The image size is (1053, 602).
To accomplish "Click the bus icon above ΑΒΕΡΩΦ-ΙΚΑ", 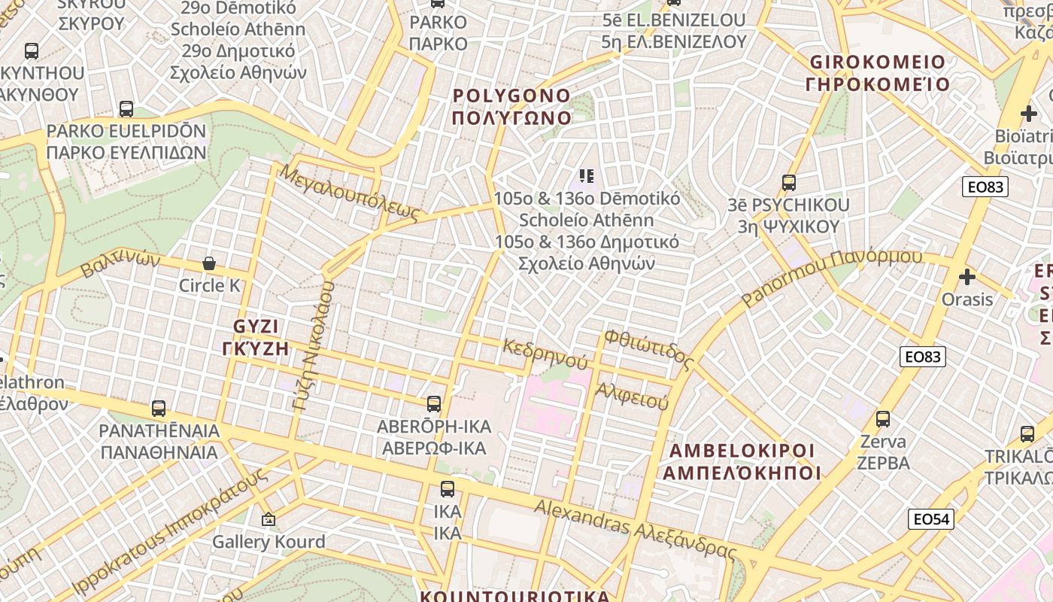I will [x=433, y=404].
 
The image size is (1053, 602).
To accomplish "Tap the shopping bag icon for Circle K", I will [x=209, y=263].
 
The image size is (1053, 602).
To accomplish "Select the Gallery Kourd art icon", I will [x=268, y=519].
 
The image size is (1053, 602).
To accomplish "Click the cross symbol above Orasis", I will [x=967, y=277].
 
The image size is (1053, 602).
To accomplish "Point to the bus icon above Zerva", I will [x=883, y=419].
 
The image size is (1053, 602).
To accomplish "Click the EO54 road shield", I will [x=931, y=518].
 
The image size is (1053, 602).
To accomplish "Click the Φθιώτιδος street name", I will [x=648, y=348].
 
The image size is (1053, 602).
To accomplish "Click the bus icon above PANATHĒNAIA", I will [x=159, y=409].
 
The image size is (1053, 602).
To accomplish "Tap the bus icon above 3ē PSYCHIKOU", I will [x=788, y=182].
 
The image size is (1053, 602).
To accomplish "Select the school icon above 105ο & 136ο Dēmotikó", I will [x=587, y=176].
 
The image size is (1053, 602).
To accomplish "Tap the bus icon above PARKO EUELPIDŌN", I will [x=126, y=109].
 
